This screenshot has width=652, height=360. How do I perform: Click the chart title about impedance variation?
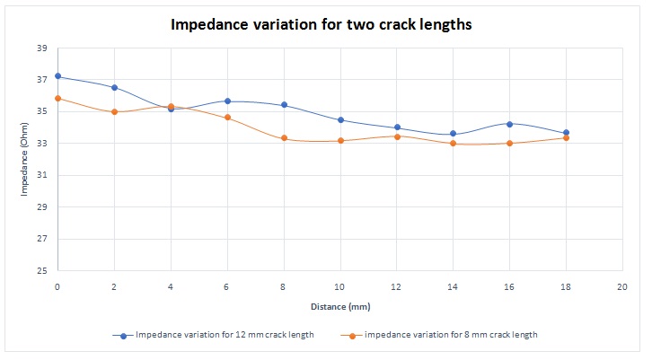pyautogui.click(x=322, y=25)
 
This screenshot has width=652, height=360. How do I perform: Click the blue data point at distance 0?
pyautogui.click(x=57, y=76)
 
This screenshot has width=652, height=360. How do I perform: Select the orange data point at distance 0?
pyautogui.click(x=57, y=99)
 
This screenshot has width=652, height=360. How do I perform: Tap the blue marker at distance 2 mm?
pyautogui.click(x=114, y=87)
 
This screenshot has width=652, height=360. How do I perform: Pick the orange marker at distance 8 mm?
pyautogui.click(x=284, y=138)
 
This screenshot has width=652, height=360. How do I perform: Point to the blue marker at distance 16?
pyautogui.click(x=509, y=124)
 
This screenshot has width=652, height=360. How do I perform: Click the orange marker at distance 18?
pyautogui.click(x=566, y=137)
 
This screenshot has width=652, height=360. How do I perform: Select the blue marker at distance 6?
pyautogui.click(x=227, y=101)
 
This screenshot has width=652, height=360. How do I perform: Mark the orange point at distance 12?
pyautogui.click(x=397, y=136)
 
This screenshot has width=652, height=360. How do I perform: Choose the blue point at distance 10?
pyautogui.click(x=340, y=120)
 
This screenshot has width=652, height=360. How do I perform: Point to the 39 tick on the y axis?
pyautogui.click(x=41, y=48)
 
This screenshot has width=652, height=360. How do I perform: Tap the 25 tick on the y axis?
pyautogui.click(x=41, y=271)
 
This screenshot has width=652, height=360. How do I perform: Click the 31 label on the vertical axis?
pyautogui.click(x=41, y=175)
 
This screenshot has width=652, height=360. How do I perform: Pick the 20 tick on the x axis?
pyautogui.click(x=621, y=286)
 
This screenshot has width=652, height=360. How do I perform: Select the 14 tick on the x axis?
pyautogui.click(x=453, y=286)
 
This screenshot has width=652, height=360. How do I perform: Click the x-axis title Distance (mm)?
pyautogui.click(x=339, y=307)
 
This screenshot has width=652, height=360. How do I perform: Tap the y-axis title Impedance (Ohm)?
pyautogui.click(x=25, y=160)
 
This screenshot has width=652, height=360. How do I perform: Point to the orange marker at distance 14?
pyautogui.click(x=453, y=144)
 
